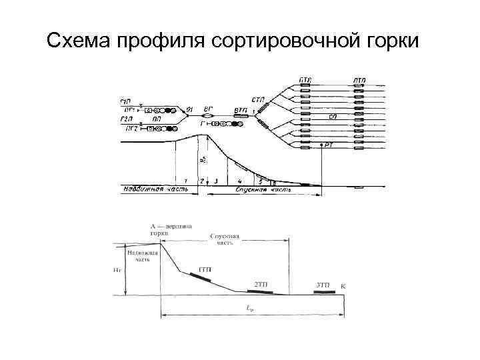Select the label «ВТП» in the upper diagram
[x=241, y=109]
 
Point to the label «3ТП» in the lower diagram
[x=323, y=285]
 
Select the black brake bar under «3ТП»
[x=323, y=292]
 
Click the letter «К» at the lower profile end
[x=343, y=286]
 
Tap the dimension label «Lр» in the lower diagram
[x=250, y=308]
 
